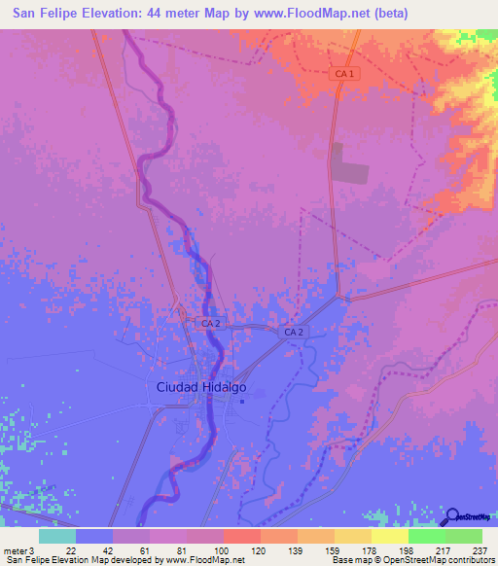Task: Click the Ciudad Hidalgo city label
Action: click(201, 386)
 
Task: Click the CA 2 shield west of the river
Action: click(210, 322)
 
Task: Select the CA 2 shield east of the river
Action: click(295, 333)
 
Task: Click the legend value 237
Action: click(480, 549)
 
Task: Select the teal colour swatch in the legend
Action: click(57, 536)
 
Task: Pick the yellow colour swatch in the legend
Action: click(389, 536)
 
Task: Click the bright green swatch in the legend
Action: click(426, 536)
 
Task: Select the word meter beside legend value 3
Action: click(13, 549)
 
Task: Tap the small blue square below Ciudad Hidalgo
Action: click(241, 404)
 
